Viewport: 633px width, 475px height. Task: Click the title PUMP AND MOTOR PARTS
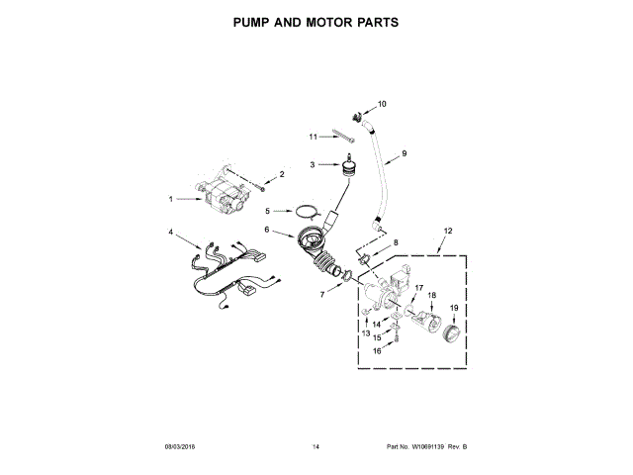316,21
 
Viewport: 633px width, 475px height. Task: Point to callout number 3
313,164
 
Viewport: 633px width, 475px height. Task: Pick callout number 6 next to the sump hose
267,230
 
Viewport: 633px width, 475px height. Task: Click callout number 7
321,294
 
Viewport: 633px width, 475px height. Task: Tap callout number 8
397,241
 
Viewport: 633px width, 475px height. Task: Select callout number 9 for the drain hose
404,154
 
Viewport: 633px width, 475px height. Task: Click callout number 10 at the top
382,104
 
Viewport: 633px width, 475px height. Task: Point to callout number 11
313,137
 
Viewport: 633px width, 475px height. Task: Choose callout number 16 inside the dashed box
376,349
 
